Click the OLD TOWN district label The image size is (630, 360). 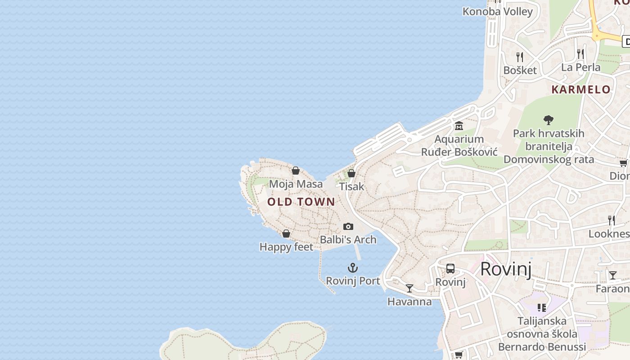[x=301, y=202]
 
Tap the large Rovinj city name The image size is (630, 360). [x=506, y=269]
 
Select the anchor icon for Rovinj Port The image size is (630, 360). [x=353, y=268]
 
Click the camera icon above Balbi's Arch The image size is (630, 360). [x=348, y=226]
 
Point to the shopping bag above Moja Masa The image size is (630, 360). [x=296, y=171]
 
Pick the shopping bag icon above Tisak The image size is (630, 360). [x=351, y=173]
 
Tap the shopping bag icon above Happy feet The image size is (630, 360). [x=286, y=234]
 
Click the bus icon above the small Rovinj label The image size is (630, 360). [x=450, y=269]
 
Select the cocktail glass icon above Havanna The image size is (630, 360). [x=409, y=288]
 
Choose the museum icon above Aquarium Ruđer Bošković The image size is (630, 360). [x=459, y=126]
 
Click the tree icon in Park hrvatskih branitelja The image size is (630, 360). [x=548, y=120]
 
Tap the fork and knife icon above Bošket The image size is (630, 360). [x=520, y=57]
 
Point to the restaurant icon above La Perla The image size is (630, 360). [x=580, y=54]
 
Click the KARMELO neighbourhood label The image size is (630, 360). [x=581, y=89]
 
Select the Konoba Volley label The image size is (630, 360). [x=498, y=12]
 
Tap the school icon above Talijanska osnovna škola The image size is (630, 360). [x=542, y=308]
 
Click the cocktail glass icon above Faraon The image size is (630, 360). [x=613, y=275]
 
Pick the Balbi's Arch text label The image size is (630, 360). [x=348, y=239]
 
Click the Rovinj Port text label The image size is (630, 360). [x=353, y=281]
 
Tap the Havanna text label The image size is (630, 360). [x=409, y=301]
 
